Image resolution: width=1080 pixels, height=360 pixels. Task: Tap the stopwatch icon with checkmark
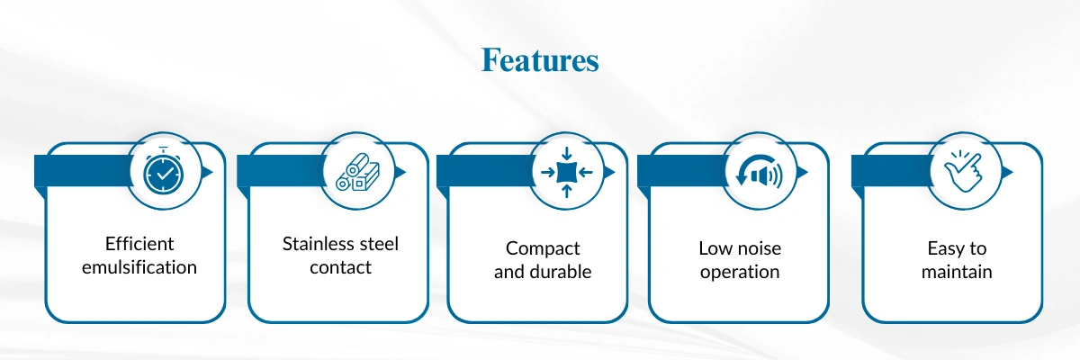point(162,173)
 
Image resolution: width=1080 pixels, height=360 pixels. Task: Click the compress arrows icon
point(564,171)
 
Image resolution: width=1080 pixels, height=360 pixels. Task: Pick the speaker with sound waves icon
point(760,172)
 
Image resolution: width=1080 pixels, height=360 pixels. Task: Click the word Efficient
point(139,244)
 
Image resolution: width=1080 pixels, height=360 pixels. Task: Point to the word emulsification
point(139,267)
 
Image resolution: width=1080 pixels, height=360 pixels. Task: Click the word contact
point(340,267)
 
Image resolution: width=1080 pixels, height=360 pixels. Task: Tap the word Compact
point(543,248)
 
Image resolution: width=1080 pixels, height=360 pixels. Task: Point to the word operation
point(739,272)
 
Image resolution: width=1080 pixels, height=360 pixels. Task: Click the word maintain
point(957,272)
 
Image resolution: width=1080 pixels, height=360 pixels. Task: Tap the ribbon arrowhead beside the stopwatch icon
point(207,172)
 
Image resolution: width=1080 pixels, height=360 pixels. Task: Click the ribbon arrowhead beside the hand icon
point(1007,172)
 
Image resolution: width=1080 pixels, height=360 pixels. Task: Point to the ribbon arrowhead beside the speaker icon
point(802,172)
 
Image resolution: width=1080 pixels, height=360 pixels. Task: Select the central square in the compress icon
point(564,171)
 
